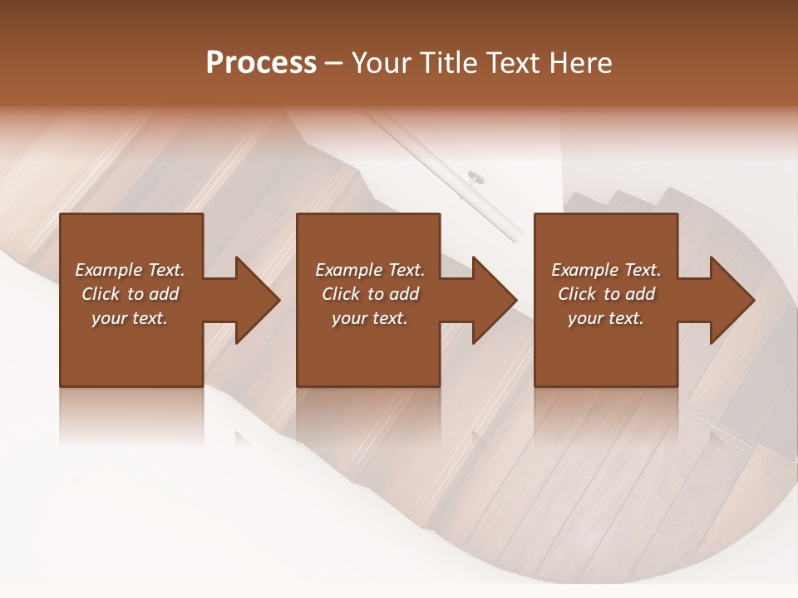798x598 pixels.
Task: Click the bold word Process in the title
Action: (261, 63)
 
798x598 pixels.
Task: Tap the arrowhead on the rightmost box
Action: (731, 300)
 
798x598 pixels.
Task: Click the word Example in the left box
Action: (110, 270)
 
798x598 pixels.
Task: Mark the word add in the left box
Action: (164, 294)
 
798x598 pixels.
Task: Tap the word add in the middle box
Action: (404, 294)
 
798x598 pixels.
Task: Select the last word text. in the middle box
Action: (390, 318)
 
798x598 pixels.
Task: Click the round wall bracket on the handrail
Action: (476, 176)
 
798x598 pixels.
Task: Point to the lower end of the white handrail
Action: (514, 236)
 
